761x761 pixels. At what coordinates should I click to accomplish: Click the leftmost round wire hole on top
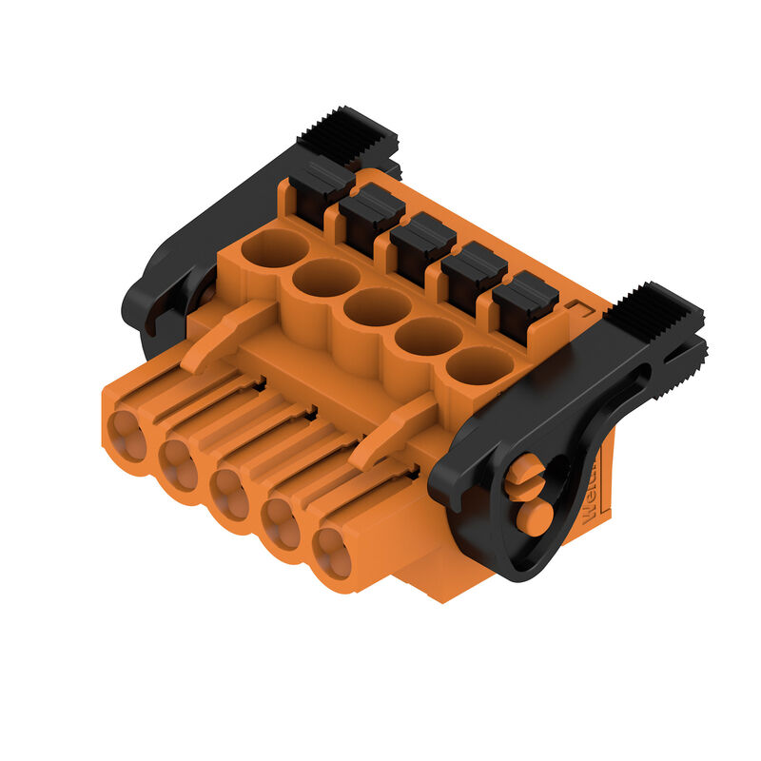pyautogui.click(x=274, y=248)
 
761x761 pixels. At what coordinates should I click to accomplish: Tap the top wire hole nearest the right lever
pyautogui.click(x=479, y=364)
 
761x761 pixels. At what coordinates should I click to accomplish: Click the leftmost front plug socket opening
pyautogui.click(x=127, y=437)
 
